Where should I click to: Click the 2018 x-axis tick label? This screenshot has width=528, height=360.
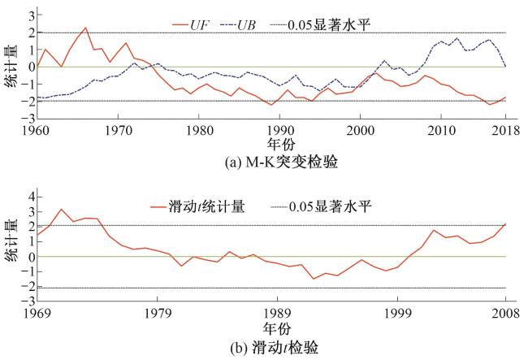[x=505, y=129]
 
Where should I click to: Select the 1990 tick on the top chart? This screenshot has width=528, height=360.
[x=279, y=129]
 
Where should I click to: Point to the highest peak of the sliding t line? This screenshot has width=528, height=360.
[x=62, y=209]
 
